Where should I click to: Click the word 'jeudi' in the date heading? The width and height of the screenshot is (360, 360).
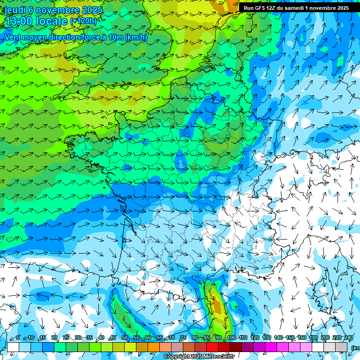coord(15,10)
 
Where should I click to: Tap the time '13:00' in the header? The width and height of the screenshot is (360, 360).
coord(19,21)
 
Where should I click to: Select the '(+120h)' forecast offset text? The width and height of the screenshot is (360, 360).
coord(83,21)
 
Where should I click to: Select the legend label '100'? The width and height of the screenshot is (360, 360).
coord(231,337)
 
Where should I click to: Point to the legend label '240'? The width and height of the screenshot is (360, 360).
coord(348,337)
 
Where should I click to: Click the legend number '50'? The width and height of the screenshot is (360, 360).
coord(125,337)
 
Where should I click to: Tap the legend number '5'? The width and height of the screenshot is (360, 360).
coord(18,337)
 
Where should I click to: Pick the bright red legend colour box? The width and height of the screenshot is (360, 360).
coord(212,347)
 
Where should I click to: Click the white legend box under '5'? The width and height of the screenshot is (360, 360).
coord(13,347)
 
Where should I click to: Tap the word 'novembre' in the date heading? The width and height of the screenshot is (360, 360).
coord(58,10)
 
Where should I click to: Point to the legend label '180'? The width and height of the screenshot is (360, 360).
coord(313,337)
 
